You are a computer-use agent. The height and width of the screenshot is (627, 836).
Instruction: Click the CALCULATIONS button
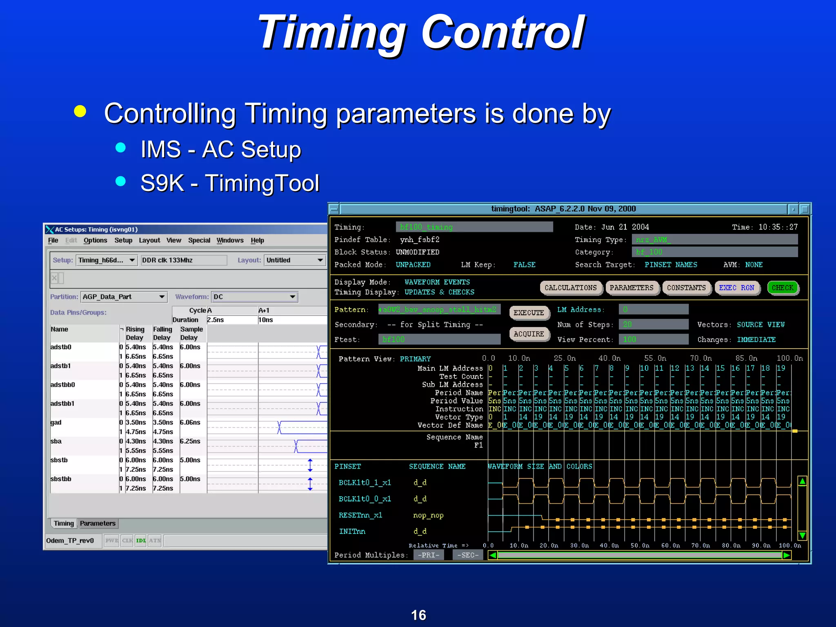click(x=570, y=288)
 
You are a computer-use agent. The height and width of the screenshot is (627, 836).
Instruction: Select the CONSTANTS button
click(x=686, y=288)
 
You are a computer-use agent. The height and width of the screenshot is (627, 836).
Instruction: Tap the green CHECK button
click(x=782, y=288)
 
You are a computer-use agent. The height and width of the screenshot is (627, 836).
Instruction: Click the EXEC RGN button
click(x=736, y=288)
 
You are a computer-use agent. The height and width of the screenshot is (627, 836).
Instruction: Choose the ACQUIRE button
click(x=529, y=334)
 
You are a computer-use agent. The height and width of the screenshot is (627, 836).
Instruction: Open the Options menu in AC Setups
click(x=95, y=240)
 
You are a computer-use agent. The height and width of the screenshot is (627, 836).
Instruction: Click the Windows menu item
click(x=230, y=240)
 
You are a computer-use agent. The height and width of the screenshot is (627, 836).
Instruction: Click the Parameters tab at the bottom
click(x=98, y=523)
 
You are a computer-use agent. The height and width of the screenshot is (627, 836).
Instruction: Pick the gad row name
click(x=56, y=422)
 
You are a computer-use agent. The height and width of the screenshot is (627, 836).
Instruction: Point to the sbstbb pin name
click(x=61, y=479)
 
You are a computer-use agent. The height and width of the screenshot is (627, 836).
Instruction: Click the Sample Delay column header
click(x=191, y=334)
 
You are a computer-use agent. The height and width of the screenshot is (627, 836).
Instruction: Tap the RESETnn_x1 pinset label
click(x=360, y=515)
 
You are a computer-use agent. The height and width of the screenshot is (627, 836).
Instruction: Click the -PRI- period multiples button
click(x=428, y=555)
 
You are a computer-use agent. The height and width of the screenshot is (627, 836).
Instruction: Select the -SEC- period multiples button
click(x=468, y=555)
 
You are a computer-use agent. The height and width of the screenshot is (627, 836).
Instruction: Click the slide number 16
click(x=418, y=615)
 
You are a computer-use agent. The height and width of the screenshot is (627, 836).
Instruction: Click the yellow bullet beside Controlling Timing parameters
click(x=80, y=111)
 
